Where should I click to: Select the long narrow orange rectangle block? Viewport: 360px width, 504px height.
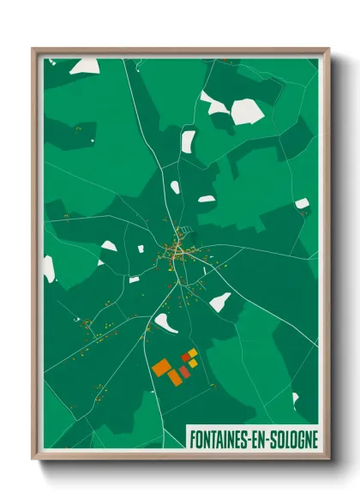[x=175, y=377]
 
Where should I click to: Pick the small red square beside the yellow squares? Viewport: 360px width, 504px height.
[x=184, y=357]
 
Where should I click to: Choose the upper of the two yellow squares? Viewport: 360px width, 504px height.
[x=193, y=353]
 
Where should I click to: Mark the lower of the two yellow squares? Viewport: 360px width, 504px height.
[x=193, y=363]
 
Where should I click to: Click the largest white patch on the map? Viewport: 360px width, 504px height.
[x=247, y=111]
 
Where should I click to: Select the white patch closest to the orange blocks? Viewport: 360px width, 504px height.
[x=165, y=323]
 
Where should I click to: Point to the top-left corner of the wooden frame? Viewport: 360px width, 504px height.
[x=33, y=48]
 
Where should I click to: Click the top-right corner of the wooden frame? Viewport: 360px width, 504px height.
[x=328, y=48]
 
